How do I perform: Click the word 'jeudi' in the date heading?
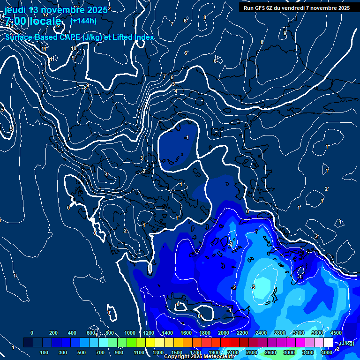coord(15,10)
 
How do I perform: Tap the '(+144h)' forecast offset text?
coord(83,21)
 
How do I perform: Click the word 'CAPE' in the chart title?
coord(65,37)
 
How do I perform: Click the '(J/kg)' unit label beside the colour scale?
coord(347,344)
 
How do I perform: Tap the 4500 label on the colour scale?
coord(336,333)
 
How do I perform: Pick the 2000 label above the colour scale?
coord(223,333)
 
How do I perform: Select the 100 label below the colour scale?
coord(45,352)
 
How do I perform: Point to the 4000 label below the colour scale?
coord(327,352)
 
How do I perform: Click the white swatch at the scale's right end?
coord(328,343)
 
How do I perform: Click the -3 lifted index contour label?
coord(253,287)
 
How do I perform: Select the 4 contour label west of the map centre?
coord(106,175)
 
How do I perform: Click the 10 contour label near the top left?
coord(74,49)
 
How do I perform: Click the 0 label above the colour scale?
coord(32,333)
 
